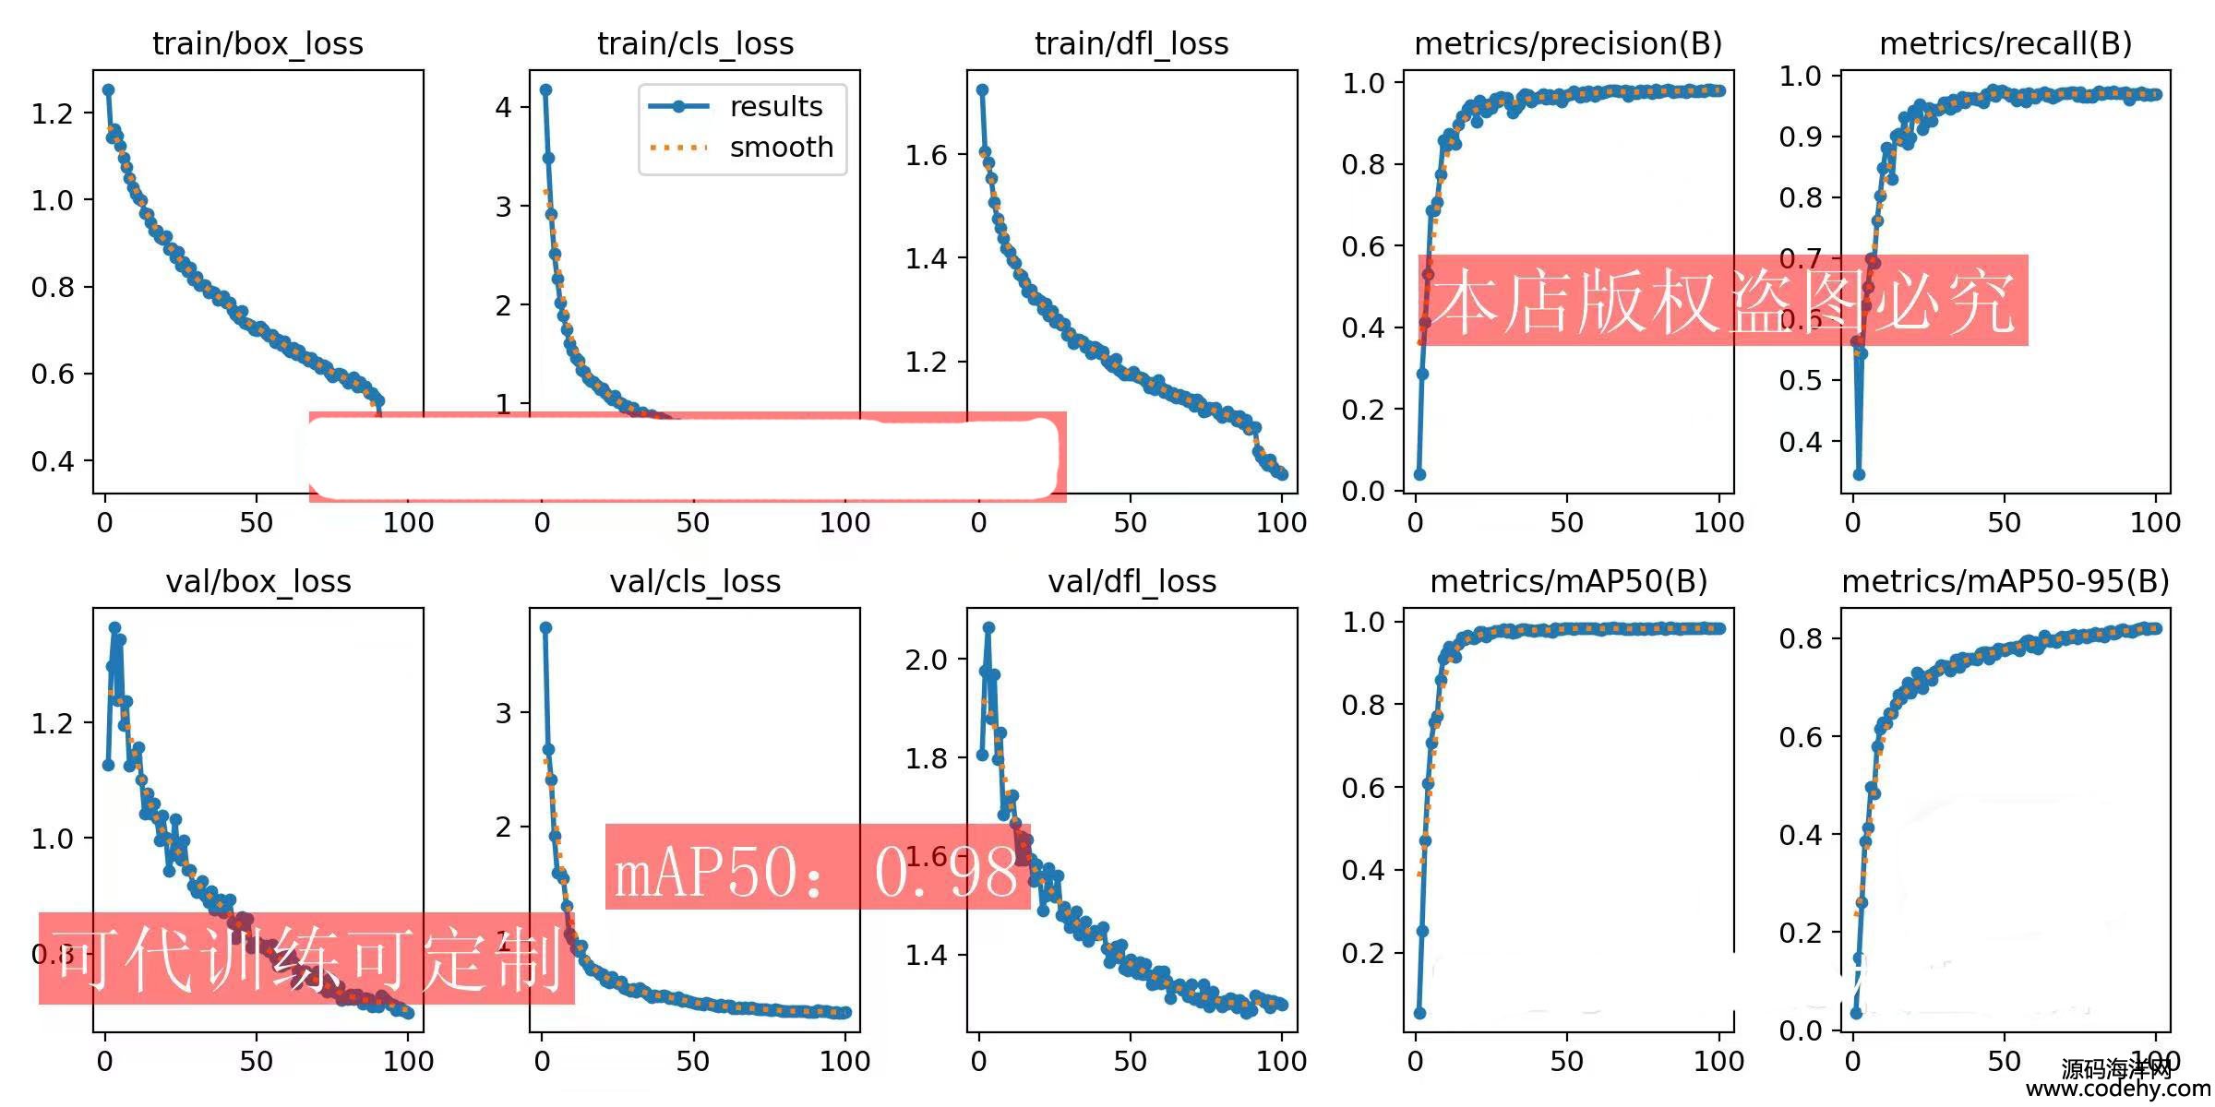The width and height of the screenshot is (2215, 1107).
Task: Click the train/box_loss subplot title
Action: (257, 43)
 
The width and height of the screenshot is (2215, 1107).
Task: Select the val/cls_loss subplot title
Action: (695, 581)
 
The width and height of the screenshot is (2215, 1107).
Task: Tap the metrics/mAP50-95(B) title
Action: (2005, 581)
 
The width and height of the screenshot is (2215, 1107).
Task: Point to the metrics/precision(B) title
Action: (1568, 43)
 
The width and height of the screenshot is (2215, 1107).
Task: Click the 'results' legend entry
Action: (775, 107)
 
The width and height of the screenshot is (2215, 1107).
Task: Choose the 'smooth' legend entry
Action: (781, 148)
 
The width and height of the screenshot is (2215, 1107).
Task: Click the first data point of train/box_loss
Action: (108, 90)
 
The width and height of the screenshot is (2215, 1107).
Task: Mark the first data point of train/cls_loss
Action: (545, 89)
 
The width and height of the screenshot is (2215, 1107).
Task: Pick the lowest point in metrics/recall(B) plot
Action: (1859, 474)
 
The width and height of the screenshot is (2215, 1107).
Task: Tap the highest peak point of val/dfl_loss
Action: (988, 627)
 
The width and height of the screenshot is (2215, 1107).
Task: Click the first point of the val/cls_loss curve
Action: (545, 627)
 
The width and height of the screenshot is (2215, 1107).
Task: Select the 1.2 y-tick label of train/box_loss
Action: (52, 113)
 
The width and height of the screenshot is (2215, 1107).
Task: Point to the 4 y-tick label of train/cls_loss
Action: (503, 107)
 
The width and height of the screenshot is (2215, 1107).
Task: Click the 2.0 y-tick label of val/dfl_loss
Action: (926, 660)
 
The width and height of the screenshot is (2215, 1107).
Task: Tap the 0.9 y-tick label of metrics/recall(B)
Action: (1800, 137)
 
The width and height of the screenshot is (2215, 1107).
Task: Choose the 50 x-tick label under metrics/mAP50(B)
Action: (1566, 1061)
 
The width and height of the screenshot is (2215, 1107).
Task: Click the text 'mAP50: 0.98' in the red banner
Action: (816, 872)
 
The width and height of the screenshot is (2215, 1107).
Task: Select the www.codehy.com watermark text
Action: (2117, 1089)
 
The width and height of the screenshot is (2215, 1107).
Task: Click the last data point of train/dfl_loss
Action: (1281, 473)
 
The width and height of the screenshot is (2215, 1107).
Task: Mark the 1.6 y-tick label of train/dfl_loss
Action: (926, 155)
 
